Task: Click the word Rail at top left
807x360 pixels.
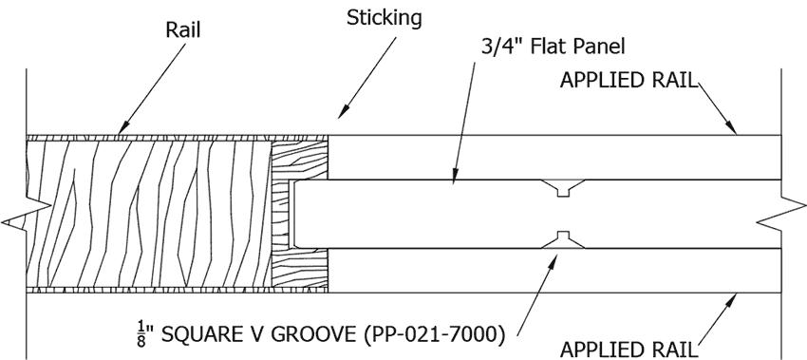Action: click(182, 29)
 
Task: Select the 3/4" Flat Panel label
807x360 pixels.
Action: click(554, 47)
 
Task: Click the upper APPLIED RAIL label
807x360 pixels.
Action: click(629, 81)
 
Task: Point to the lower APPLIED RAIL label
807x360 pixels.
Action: click(629, 350)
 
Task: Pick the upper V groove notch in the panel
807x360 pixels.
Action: click(563, 187)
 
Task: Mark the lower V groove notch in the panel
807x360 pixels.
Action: click(563, 239)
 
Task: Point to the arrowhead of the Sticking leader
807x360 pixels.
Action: click(344, 111)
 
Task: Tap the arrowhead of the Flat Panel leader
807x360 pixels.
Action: click(455, 175)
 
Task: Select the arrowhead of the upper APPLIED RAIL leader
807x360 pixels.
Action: click(731, 126)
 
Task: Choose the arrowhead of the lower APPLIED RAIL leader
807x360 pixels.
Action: click(732, 301)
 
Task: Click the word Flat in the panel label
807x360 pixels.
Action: click(548, 47)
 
